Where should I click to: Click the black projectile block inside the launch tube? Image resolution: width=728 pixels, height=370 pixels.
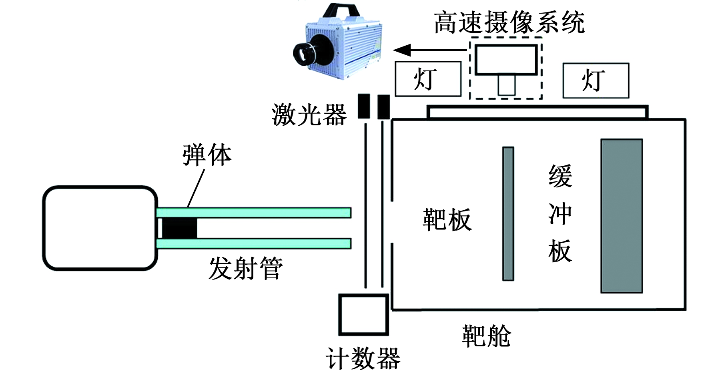tap(179, 228)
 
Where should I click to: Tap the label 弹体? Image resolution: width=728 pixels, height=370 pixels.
tap(207, 155)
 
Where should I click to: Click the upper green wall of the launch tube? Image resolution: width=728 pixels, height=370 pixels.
tap(254, 212)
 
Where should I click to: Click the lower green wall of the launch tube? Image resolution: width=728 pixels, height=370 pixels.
tap(254, 243)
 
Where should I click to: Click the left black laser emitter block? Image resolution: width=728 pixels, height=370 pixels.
tap(364, 106)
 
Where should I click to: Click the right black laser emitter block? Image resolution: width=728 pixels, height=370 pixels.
tap(383, 107)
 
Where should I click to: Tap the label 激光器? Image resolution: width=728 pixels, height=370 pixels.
tap(309, 115)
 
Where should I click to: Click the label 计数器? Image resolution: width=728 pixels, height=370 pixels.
tap(363, 358)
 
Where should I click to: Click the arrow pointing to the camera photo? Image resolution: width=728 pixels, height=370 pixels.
tap(430, 50)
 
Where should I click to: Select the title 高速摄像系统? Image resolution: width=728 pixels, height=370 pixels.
tap(509, 22)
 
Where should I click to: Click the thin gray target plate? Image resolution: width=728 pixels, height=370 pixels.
tap(508, 214)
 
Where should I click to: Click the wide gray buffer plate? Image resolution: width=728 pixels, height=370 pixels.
tap(622, 216)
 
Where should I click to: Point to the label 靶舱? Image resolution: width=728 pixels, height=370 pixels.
tap(486, 336)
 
